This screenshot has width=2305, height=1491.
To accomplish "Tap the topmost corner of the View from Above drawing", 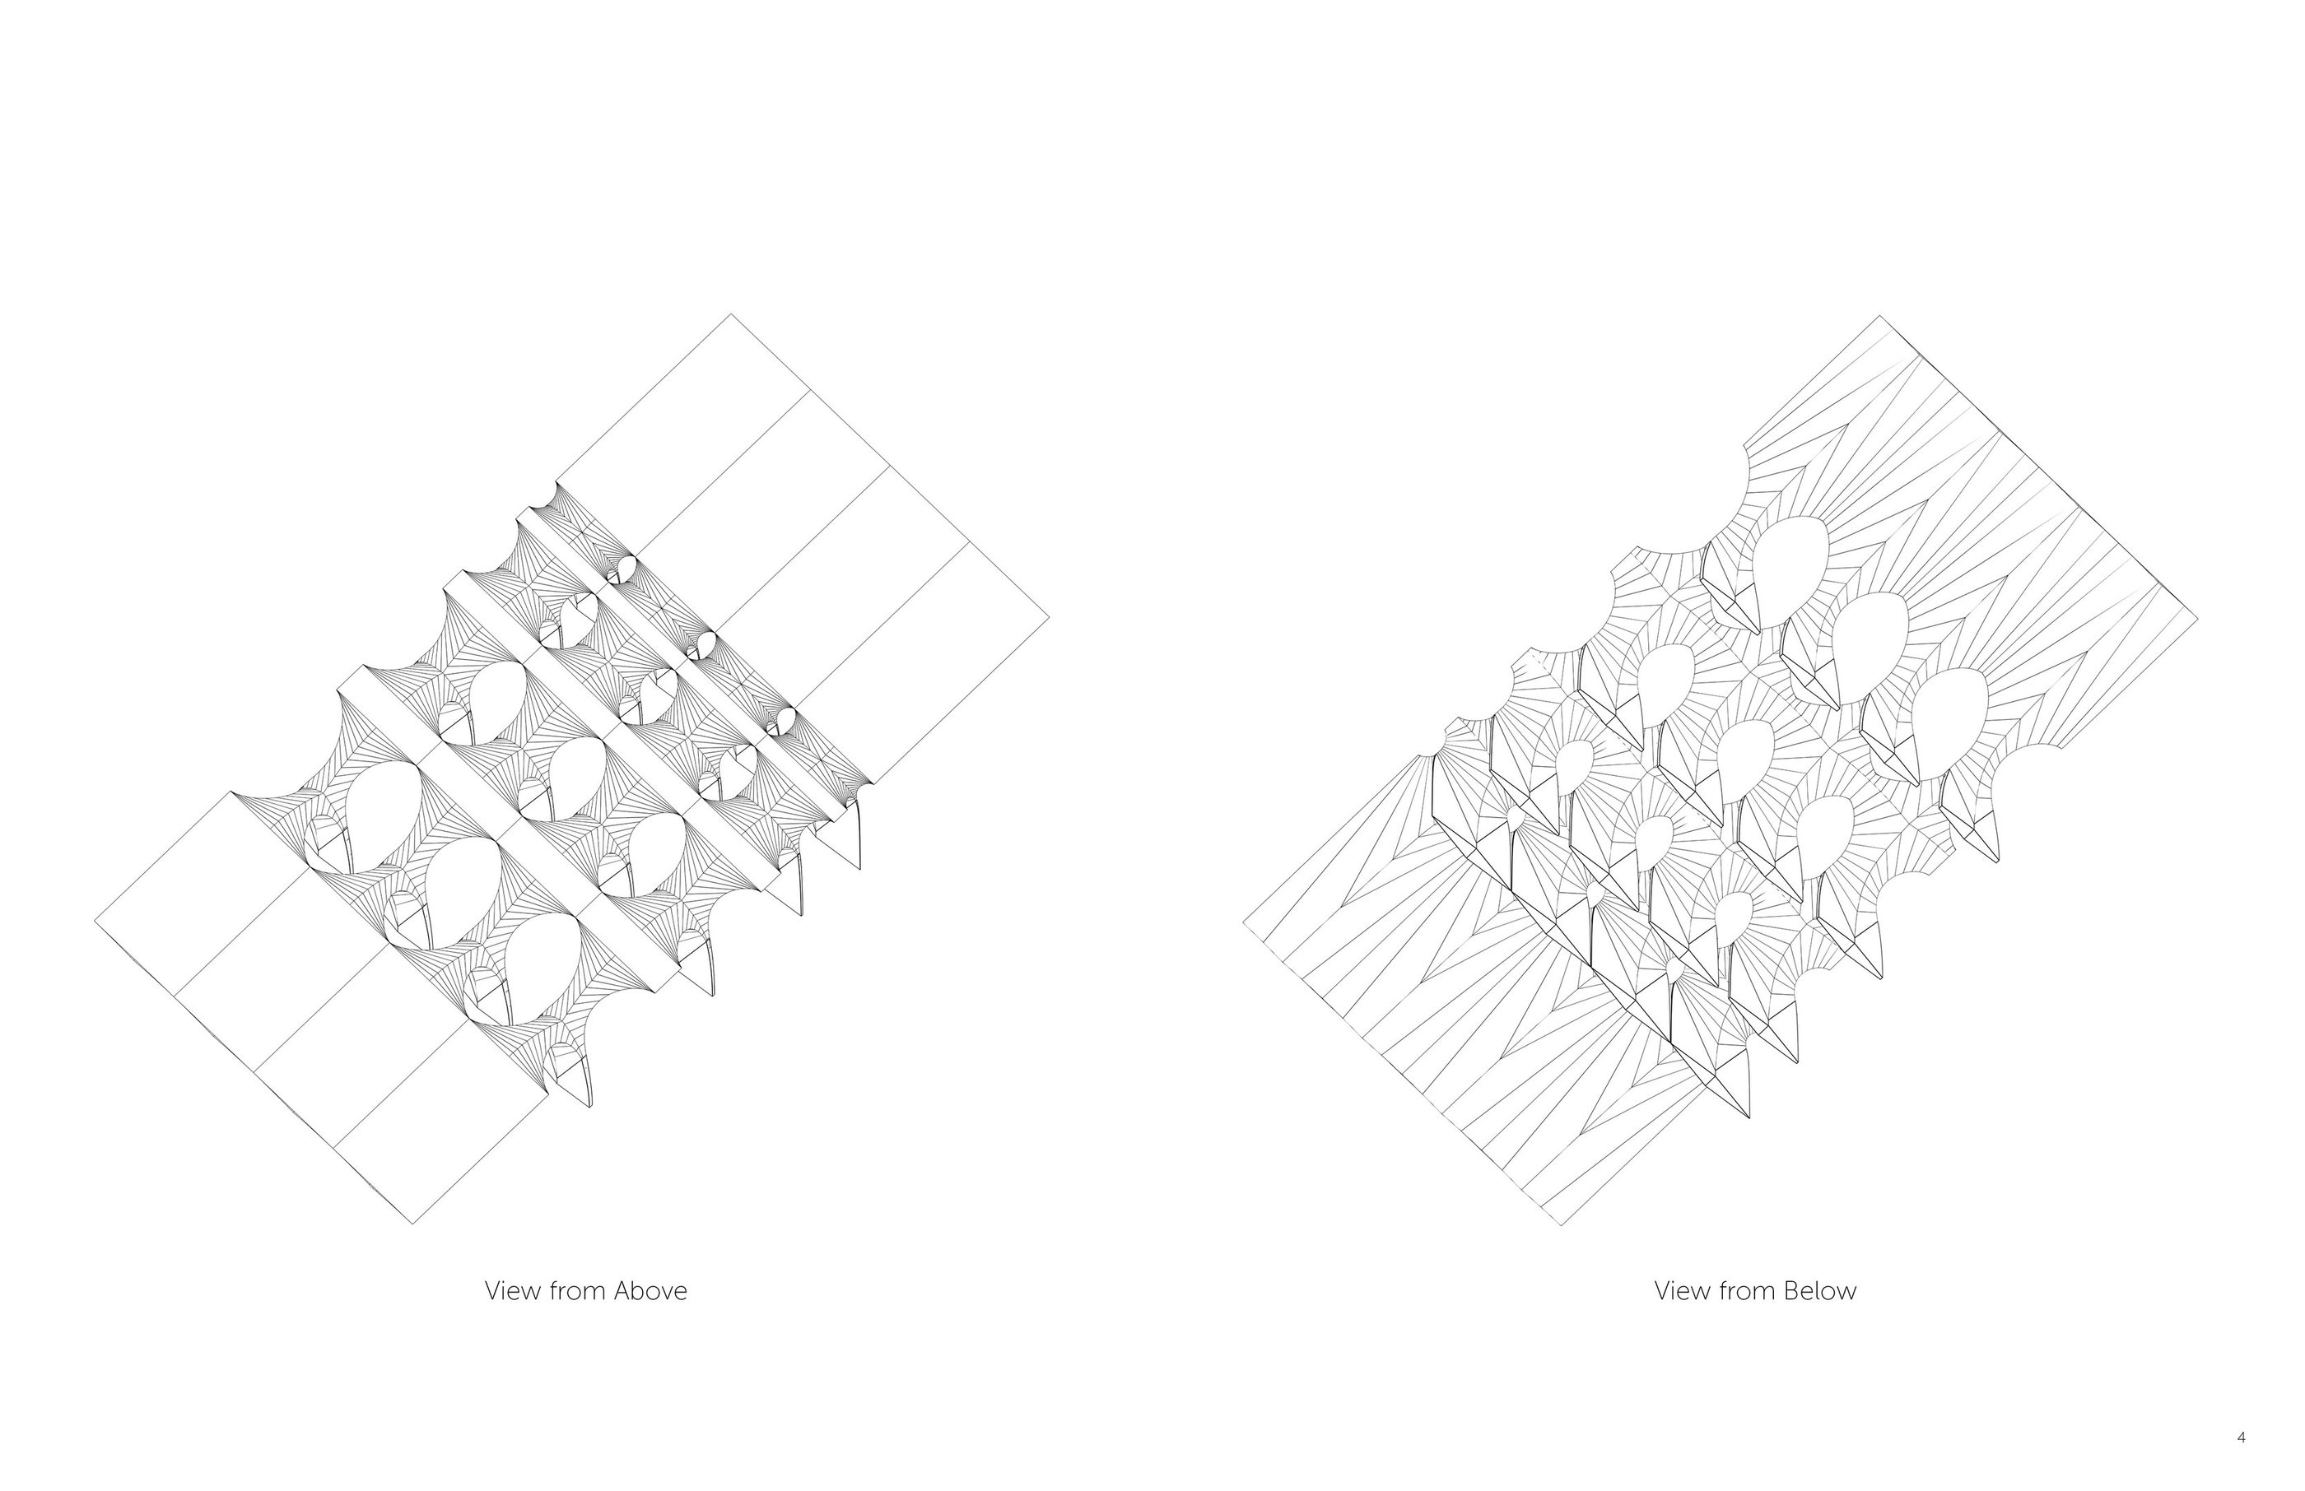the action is tap(732, 314).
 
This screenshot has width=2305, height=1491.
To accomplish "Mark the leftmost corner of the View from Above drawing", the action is tap(95, 921).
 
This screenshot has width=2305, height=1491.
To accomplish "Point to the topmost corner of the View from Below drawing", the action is tap(1880, 316).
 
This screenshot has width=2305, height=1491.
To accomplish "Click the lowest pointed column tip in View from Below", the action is tap(1749, 1119).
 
